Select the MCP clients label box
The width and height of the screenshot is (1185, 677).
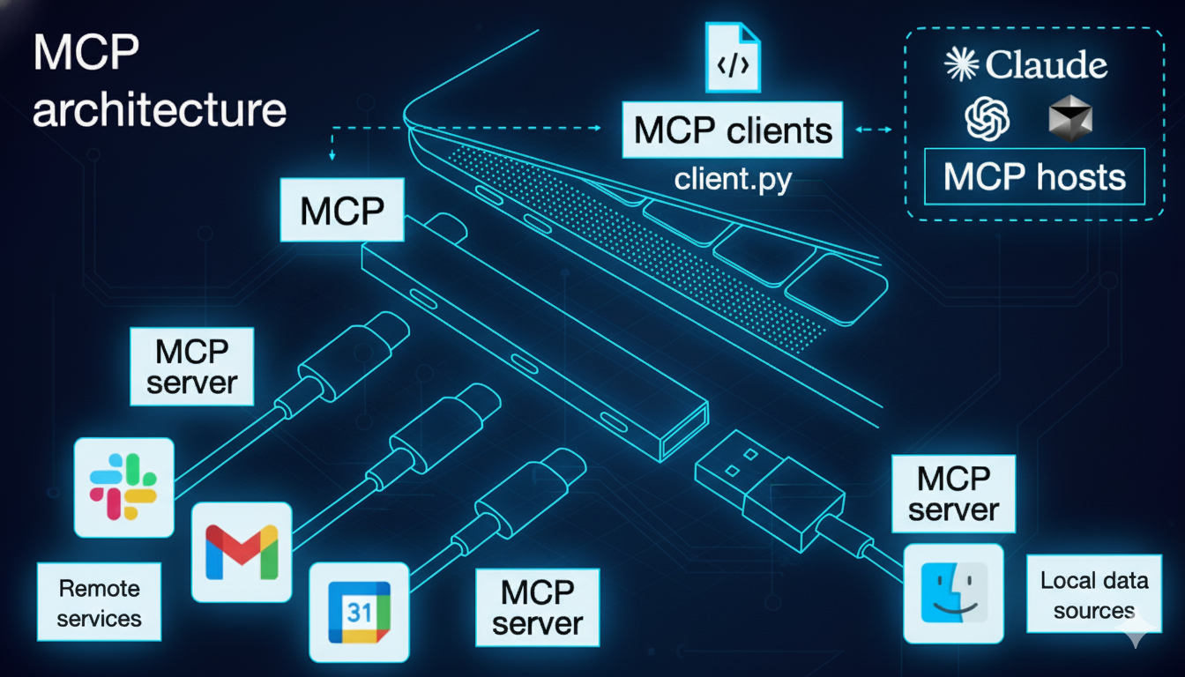pos(733,130)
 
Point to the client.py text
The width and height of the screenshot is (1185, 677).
pos(733,179)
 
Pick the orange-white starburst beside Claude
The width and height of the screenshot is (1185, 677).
pos(961,65)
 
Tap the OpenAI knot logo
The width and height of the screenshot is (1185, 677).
pos(987,119)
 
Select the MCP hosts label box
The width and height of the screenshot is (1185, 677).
pos(1034,177)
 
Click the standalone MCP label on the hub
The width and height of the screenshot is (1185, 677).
pos(342,211)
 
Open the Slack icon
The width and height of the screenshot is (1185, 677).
pos(123,487)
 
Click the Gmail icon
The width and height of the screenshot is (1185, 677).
pos(241,552)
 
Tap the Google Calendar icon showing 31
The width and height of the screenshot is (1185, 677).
pos(359,612)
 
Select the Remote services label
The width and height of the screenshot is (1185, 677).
pos(99,602)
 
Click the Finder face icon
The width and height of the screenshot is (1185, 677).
pos(953,591)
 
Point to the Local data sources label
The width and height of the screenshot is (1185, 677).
pos(1093,595)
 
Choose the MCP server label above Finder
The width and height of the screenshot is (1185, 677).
pos(954,494)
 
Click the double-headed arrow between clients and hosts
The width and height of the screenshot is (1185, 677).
pos(871,130)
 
